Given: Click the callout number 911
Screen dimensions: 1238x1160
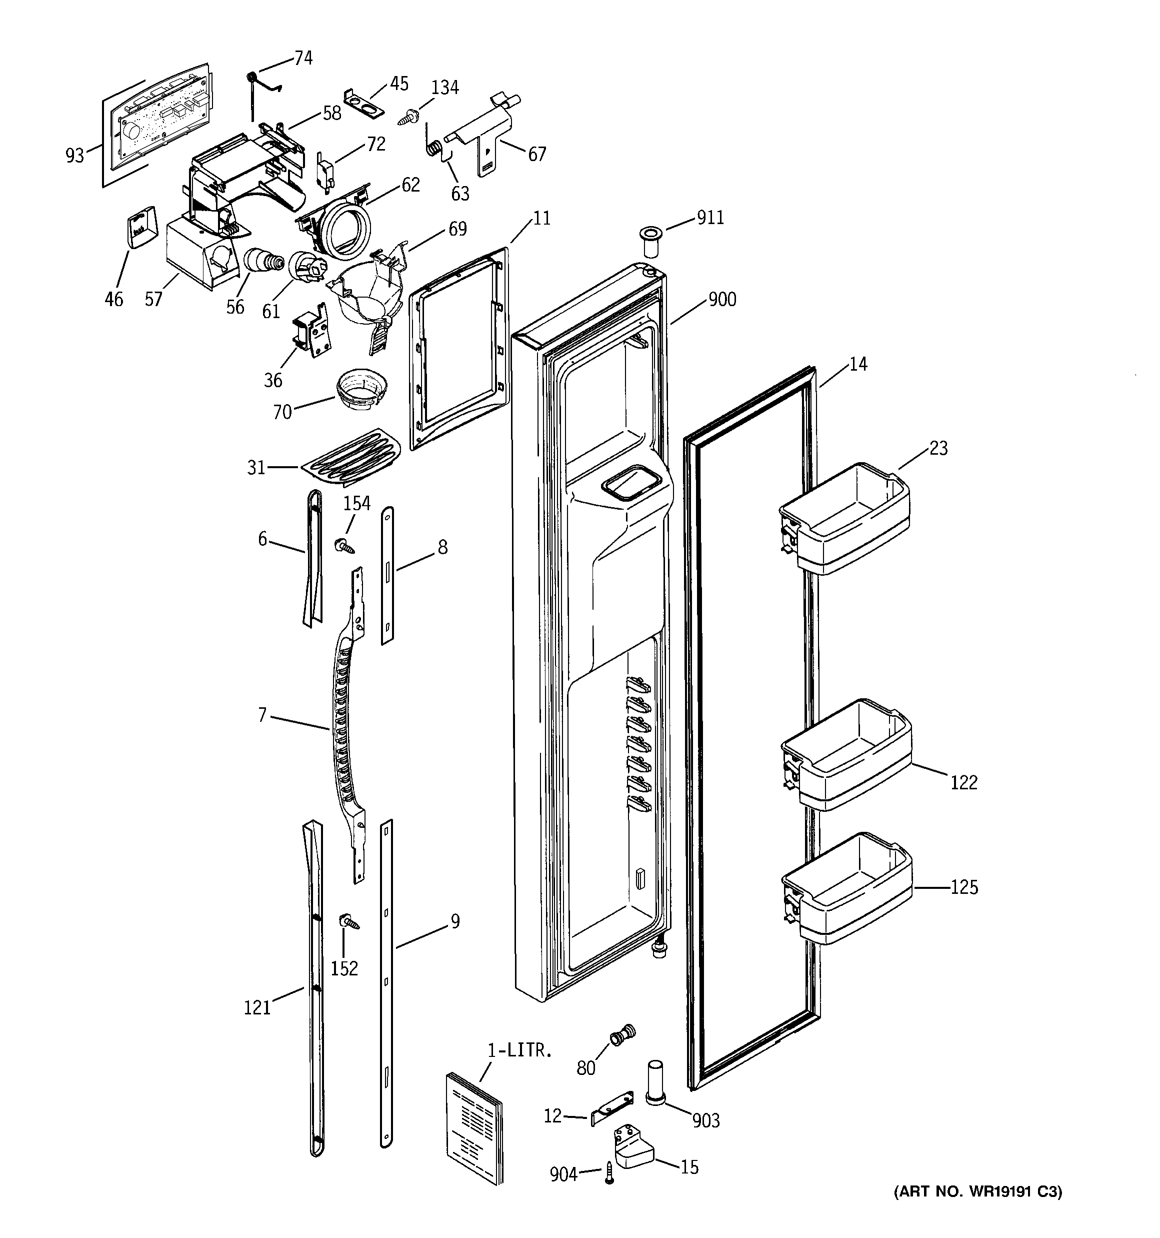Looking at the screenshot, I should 710,218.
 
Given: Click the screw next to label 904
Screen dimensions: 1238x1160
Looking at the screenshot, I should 609,1173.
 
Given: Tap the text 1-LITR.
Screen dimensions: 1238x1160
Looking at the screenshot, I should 519,1052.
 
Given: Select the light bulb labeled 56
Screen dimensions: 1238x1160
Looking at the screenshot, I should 261,260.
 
